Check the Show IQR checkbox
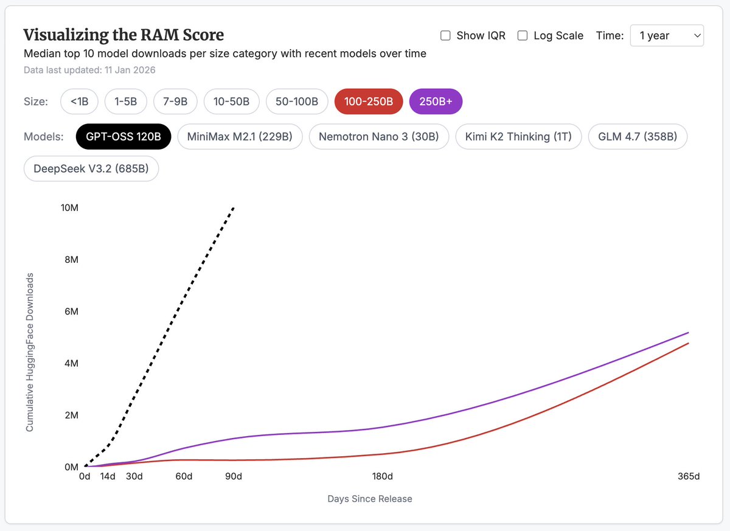pyautogui.click(x=445, y=36)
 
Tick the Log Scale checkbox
pyautogui.click(x=523, y=36)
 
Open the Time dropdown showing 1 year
pyautogui.click(x=667, y=36)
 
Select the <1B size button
pyautogui.click(x=79, y=102)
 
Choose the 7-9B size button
pyautogui.click(x=175, y=102)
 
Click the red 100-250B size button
pyautogui.click(x=369, y=102)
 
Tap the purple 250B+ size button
pyautogui.click(x=436, y=102)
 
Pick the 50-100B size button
pyautogui.click(x=297, y=102)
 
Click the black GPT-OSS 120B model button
pyautogui.click(x=123, y=136)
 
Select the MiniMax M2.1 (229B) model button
pyautogui.click(x=240, y=136)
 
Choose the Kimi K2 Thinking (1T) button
pyautogui.click(x=518, y=136)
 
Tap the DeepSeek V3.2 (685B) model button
pyautogui.click(x=91, y=168)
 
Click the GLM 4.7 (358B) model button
pyautogui.click(x=638, y=136)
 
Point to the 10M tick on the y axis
pyautogui.click(x=69, y=207)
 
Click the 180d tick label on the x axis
pyautogui.click(x=382, y=476)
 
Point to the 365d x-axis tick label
pyautogui.click(x=689, y=476)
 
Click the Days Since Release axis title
pyautogui.click(x=370, y=499)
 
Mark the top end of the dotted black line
pyautogui.click(x=234, y=207)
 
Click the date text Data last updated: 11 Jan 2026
pyautogui.click(x=89, y=70)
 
